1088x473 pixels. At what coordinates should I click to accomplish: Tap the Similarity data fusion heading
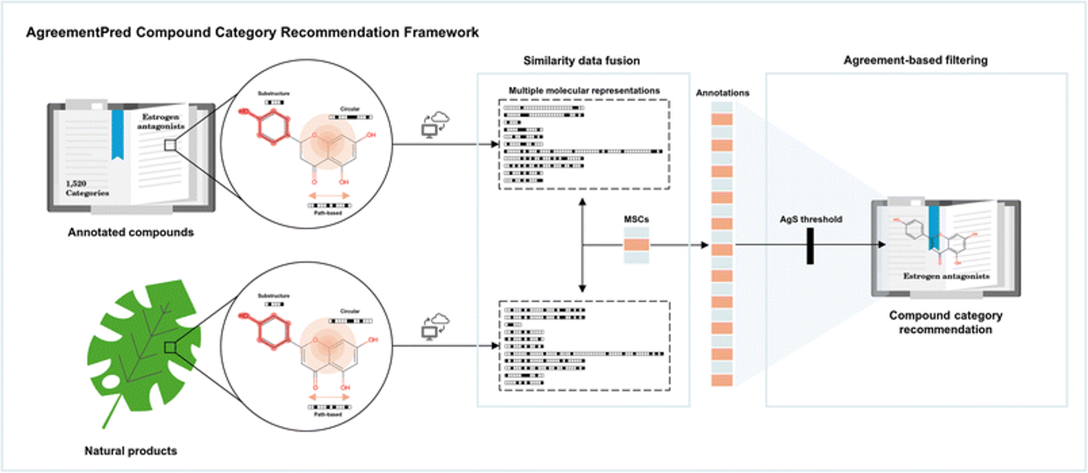pos(581,61)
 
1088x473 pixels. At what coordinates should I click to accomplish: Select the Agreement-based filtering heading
pos(915,60)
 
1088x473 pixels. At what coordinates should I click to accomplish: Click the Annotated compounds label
pos(131,232)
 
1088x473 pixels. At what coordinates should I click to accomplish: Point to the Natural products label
pos(131,451)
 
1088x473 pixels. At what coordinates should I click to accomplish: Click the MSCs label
pos(636,220)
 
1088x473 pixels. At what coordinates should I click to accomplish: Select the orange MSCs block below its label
pos(636,245)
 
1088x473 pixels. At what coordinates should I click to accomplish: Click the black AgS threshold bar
pos(810,246)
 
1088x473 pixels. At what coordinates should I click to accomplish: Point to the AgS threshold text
pos(811,220)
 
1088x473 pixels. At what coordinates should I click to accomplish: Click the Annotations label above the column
pos(723,93)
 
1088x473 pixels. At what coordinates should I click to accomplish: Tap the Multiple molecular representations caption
pos(584,91)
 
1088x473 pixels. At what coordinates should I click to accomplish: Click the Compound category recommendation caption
pos(945,322)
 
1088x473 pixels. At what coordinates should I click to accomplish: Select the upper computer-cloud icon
pos(435,124)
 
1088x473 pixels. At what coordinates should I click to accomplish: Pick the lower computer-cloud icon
pos(435,326)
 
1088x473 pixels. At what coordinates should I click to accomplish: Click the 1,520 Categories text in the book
pos(87,189)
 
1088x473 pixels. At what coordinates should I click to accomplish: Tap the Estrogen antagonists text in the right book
pos(946,276)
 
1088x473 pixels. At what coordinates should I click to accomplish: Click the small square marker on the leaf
pos(170,347)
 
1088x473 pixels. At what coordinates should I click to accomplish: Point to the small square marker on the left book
pos(170,145)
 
